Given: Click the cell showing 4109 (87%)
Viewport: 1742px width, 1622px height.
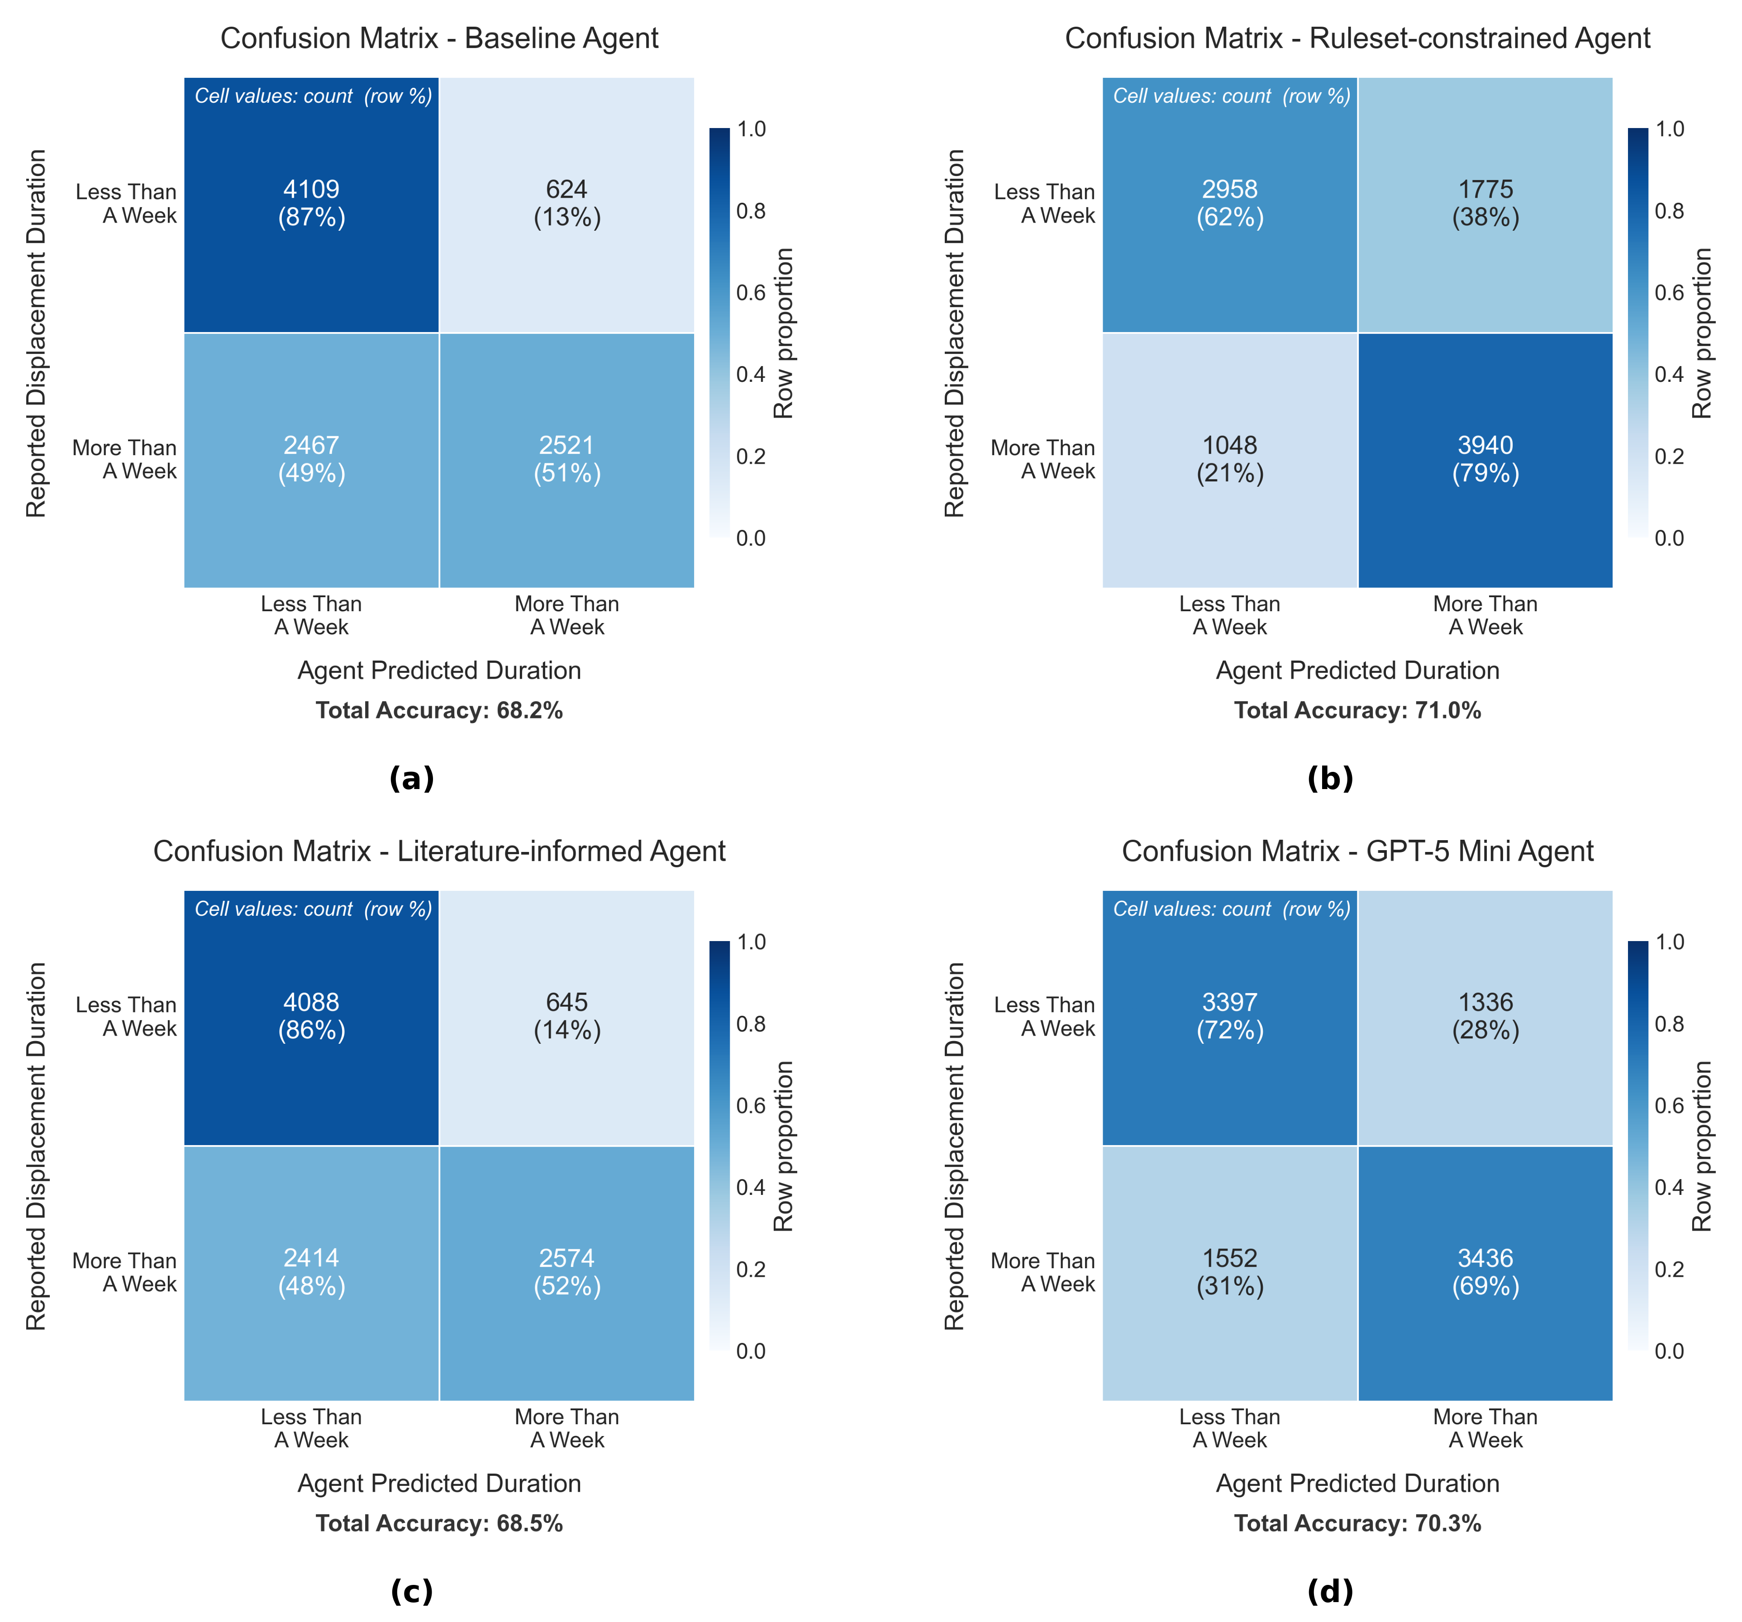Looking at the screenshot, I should [311, 203].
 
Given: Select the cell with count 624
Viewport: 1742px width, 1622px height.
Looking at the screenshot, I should [567, 203].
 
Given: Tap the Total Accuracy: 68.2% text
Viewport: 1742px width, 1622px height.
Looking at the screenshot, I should [439, 711].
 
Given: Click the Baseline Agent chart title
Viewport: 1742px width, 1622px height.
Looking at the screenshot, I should [439, 38].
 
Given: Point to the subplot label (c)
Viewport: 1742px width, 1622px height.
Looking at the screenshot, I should [411, 1591].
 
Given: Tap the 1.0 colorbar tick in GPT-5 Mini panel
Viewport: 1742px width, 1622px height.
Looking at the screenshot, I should [1669, 942].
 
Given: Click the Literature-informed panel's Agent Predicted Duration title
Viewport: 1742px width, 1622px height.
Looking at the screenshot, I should [439, 1484].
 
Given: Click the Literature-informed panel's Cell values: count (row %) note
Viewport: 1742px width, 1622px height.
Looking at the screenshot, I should [313, 909].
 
